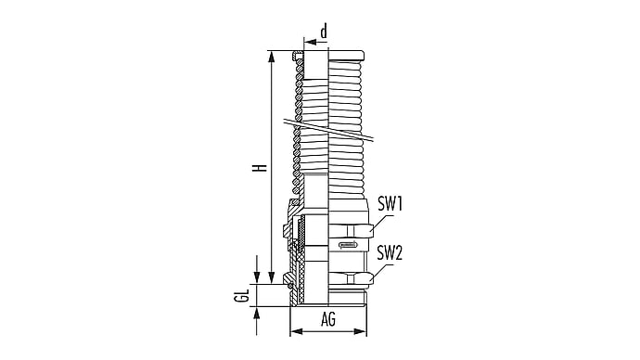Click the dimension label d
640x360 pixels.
click(x=324, y=31)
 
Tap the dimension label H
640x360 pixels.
click(x=260, y=168)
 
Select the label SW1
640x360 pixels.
click(x=390, y=203)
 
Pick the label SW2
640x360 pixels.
click(x=390, y=252)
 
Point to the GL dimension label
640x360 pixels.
click(x=242, y=295)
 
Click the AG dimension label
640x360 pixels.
click(x=328, y=319)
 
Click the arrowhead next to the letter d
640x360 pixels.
click(x=311, y=42)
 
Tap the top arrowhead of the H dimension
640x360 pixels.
click(x=271, y=58)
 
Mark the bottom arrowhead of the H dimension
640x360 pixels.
click(x=271, y=277)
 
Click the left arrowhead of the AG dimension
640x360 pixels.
click(x=296, y=331)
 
